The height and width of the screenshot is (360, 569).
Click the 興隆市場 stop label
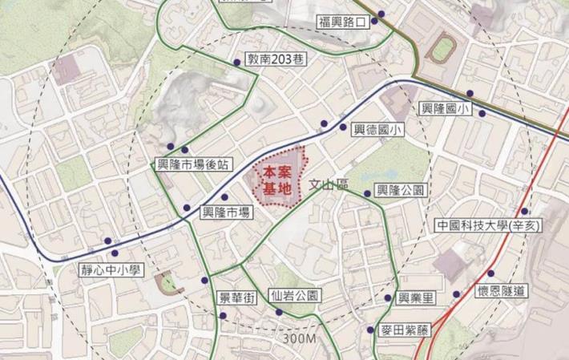pos(224,212)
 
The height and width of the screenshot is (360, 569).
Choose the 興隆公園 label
pos(399,192)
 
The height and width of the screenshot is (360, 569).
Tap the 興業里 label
pos(418,298)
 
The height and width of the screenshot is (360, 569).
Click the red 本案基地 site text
pos(276,180)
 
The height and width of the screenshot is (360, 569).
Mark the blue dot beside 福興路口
pos(381,14)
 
